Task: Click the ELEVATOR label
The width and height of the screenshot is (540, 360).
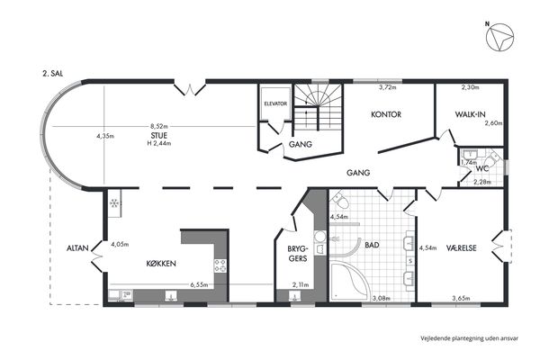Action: tap(275, 103)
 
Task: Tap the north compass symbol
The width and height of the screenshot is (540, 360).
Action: tap(499, 37)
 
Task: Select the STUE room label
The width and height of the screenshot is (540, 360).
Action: tap(159, 135)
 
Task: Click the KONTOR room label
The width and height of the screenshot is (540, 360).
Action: tap(386, 114)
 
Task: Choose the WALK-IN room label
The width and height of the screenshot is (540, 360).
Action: tap(470, 114)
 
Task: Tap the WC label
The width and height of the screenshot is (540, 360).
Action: tap(482, 169)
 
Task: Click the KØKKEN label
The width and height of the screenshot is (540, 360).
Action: tap(161, 264)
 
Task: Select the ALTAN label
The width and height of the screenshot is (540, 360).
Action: tap(77, 248)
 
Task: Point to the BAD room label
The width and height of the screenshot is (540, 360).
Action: tap(372, 245)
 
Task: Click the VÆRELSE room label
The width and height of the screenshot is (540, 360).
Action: tap(461, 248)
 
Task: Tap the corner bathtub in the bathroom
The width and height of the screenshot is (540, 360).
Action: tap(349, 282)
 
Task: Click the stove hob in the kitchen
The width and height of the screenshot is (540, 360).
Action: tap(220, 265)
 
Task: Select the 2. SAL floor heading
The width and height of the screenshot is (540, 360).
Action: tap(53, 74)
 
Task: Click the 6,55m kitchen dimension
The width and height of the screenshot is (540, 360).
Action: tap(199, 285)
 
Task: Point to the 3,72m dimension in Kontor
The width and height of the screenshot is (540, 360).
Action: tap(387, 87)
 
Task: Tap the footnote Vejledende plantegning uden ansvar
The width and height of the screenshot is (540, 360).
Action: tap(469, 338)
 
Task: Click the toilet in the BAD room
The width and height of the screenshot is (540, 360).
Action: tap(340, 200)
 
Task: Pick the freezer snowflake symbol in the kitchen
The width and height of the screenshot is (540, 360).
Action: tap(114, 203)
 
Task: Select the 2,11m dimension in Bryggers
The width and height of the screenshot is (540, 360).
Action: tap(301, 285)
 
